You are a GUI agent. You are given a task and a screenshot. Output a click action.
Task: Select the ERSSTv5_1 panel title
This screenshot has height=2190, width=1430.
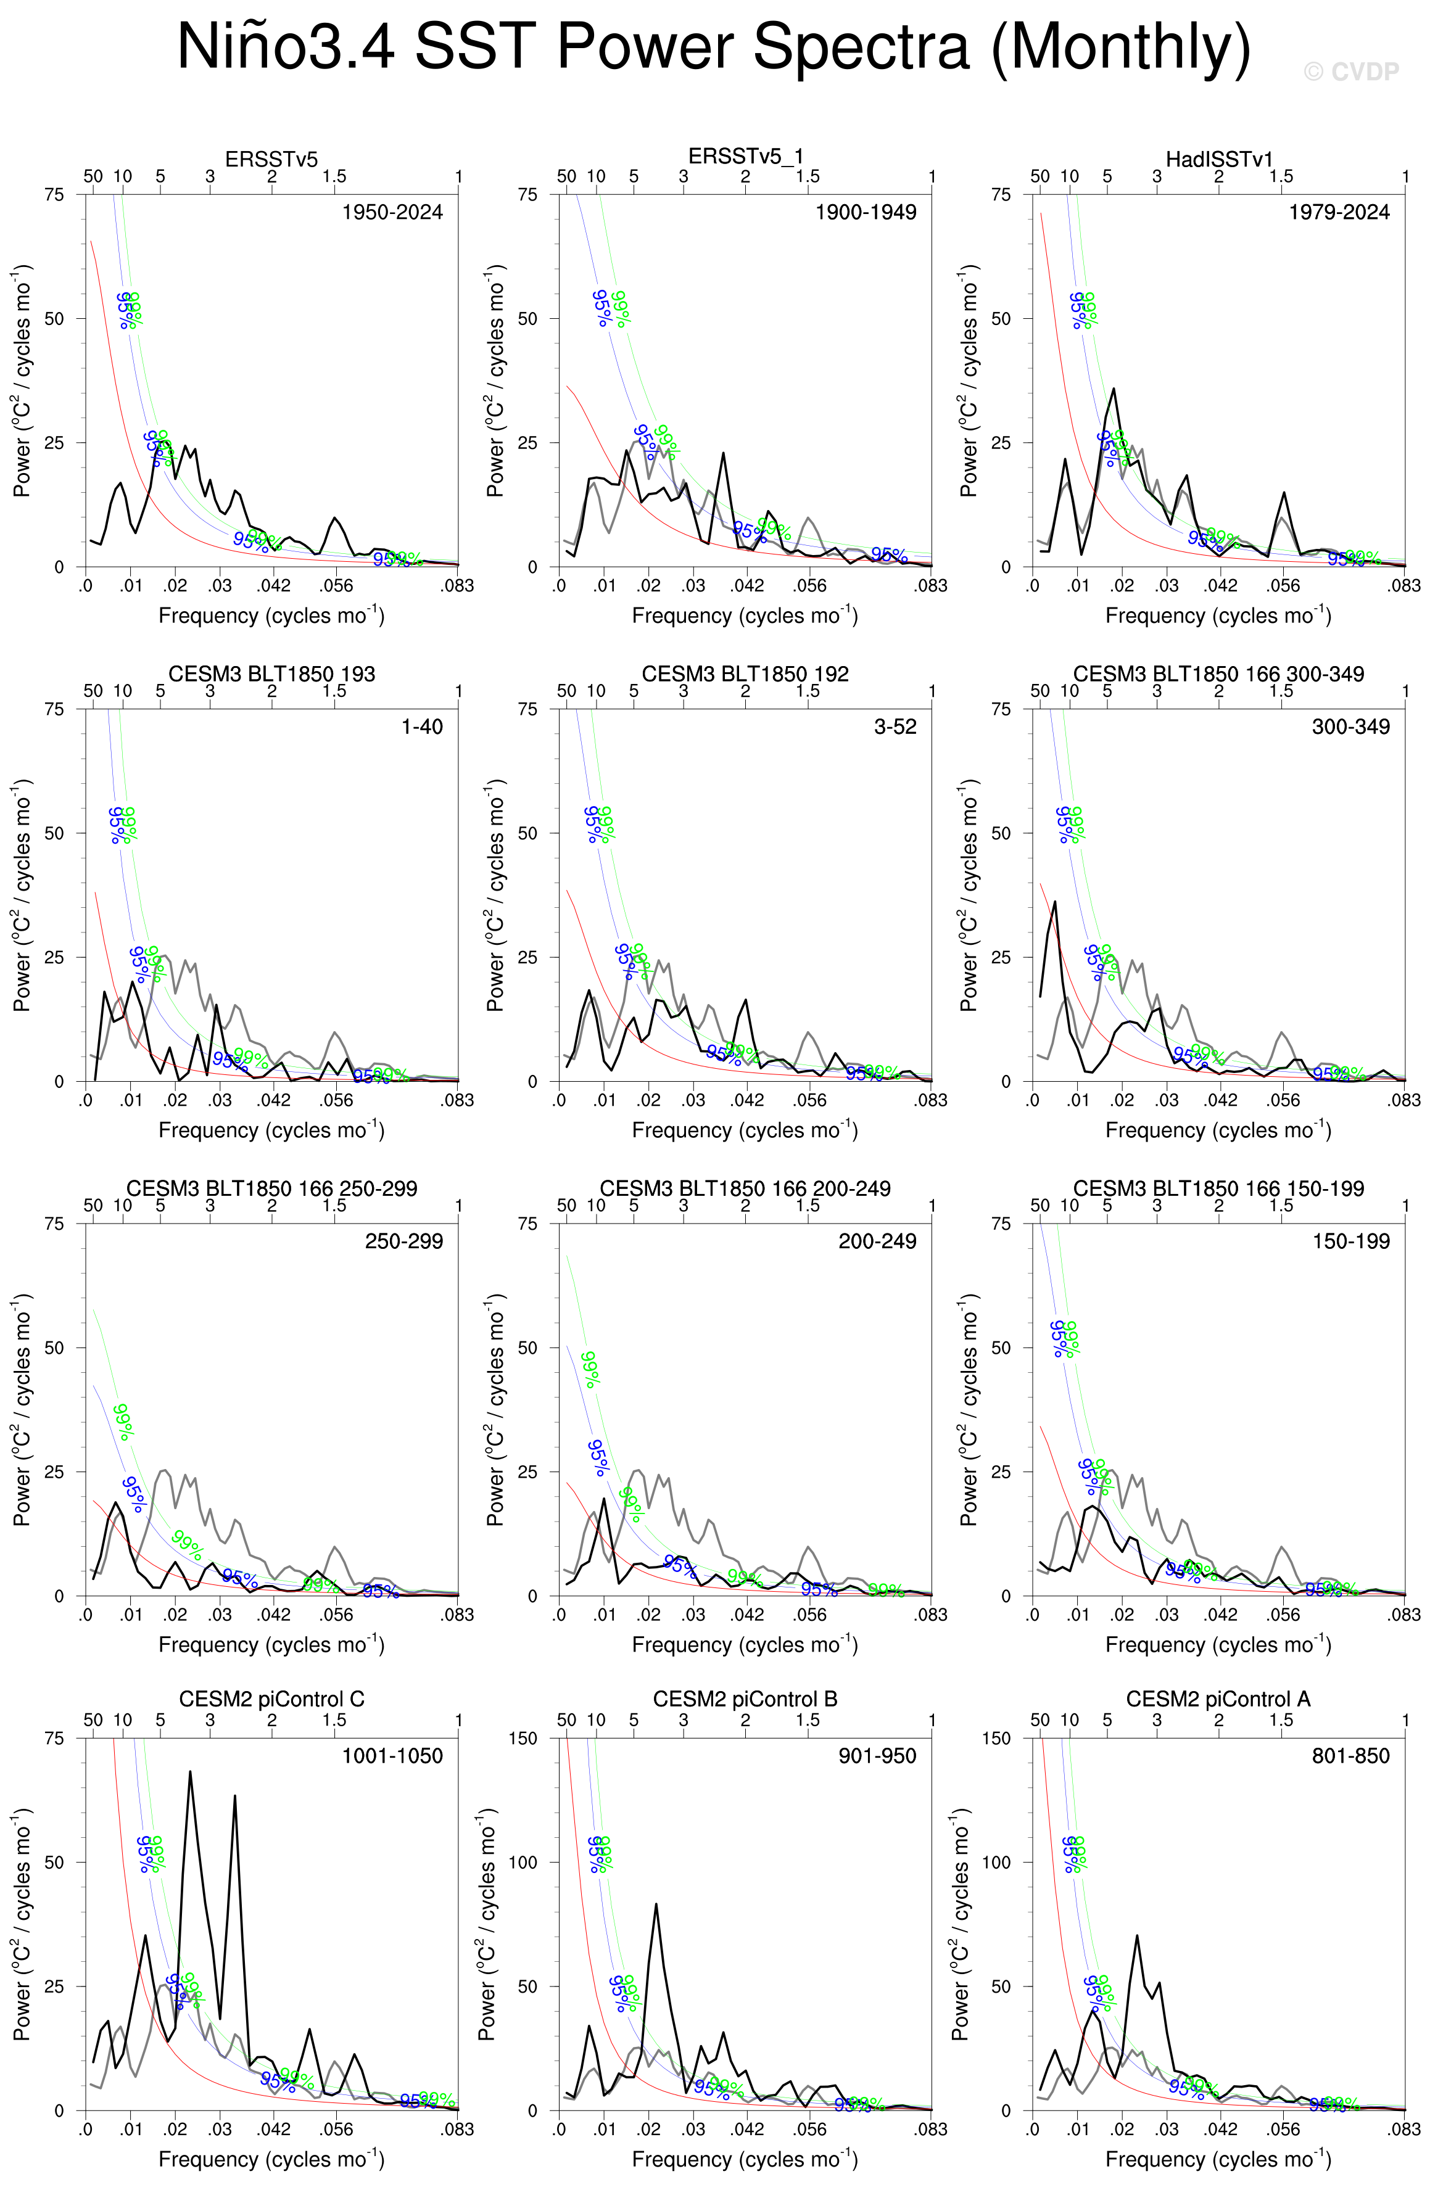point(745,157)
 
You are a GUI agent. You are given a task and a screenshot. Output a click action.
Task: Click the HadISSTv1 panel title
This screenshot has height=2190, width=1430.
point(1218,159)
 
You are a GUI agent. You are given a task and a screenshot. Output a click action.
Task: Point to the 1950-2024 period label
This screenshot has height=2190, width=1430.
point(392,213)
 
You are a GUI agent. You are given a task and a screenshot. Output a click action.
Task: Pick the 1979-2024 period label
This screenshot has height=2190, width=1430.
point(1338,213)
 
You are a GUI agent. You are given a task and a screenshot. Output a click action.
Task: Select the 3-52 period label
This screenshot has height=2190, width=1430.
point(895,727)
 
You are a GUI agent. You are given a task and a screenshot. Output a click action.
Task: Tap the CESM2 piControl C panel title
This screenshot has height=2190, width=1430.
point(271,1698)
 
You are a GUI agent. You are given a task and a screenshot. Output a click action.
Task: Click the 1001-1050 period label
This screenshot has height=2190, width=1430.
point(392,1756)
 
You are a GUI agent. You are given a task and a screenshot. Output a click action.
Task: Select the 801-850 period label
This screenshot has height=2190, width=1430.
point(1350,1756)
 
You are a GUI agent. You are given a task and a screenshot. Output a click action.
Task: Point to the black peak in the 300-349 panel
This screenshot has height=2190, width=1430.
point(1054,902)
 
